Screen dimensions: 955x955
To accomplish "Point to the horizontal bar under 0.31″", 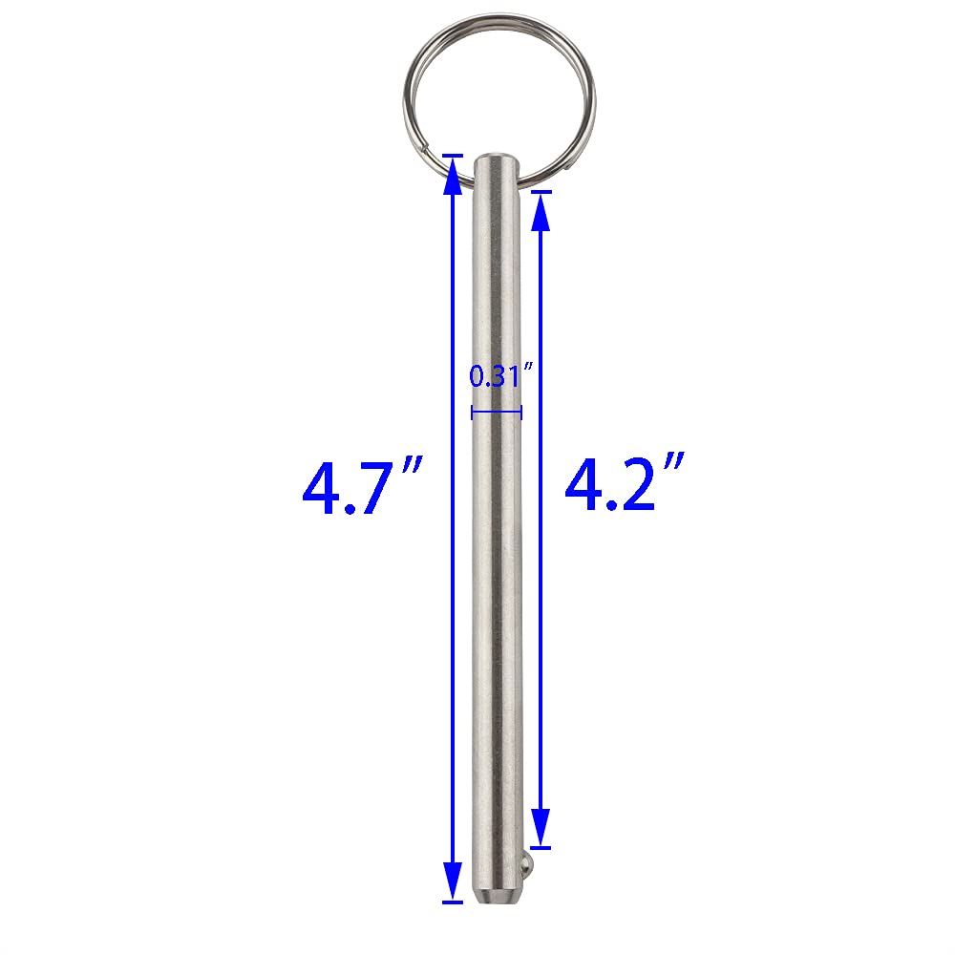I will [x=497, y=413].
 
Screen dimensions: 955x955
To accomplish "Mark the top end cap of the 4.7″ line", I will [x=451, y=154].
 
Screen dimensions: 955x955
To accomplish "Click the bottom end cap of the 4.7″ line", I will [x=451, y=901].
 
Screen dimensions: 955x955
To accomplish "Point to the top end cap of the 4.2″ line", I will [x=541, y=192].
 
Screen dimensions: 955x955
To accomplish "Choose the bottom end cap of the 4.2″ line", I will [x=541, y=846].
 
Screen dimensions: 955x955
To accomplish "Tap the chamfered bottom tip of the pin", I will [x=497, y=896].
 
